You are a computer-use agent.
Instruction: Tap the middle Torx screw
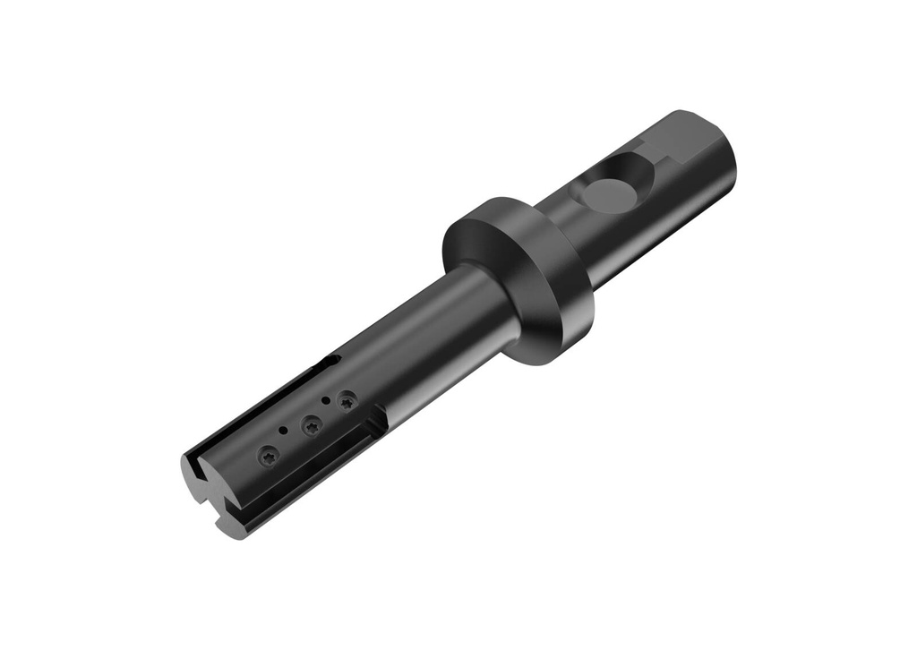tap(311, 426)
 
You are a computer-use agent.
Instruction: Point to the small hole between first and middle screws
tap(284, 432)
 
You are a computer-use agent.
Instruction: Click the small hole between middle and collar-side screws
tap(326, 400)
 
